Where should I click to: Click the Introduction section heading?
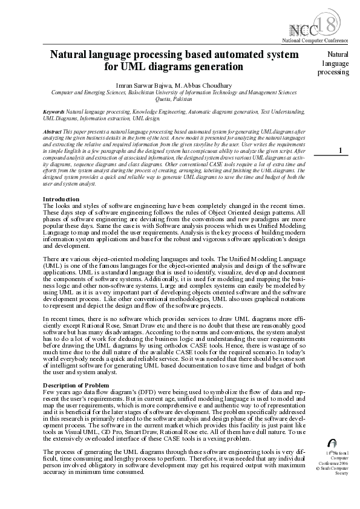point(61,199)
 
